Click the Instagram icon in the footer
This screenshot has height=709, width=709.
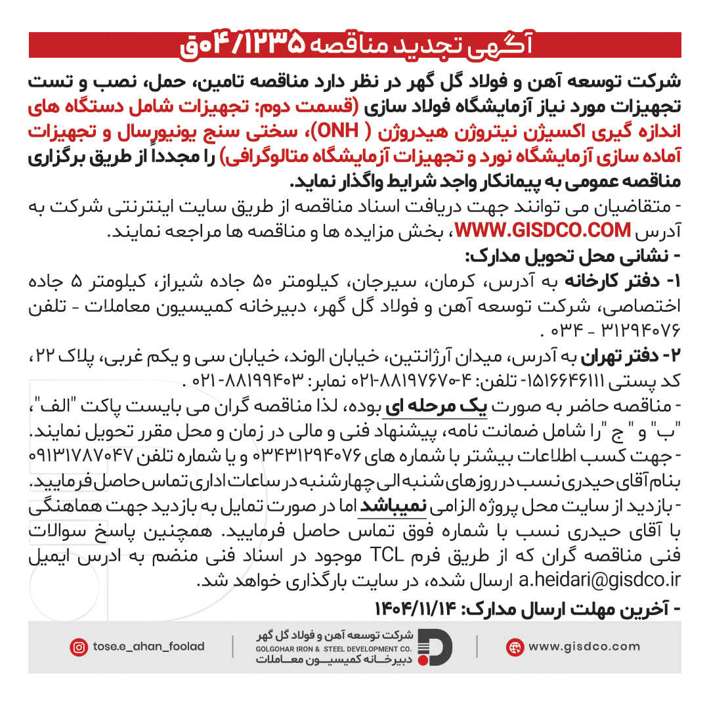pyautogui.click(x=79, y=647)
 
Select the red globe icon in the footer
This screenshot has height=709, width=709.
pyautogui.click(x=515, y=647)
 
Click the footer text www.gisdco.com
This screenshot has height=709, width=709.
pyautogui.click(x=584, y=647)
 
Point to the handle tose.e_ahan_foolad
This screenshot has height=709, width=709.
pyautogui.click(x=148, y=647)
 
